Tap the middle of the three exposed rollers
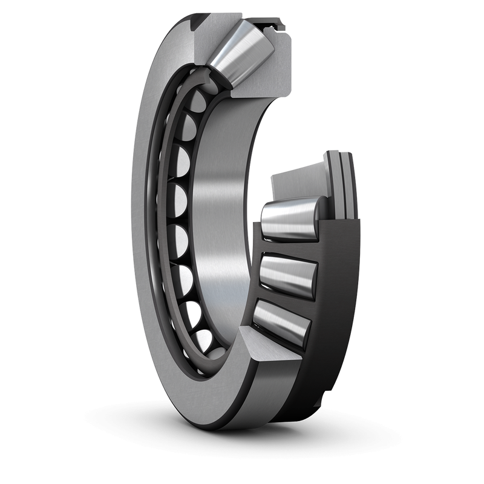287,275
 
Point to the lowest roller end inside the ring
203,342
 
